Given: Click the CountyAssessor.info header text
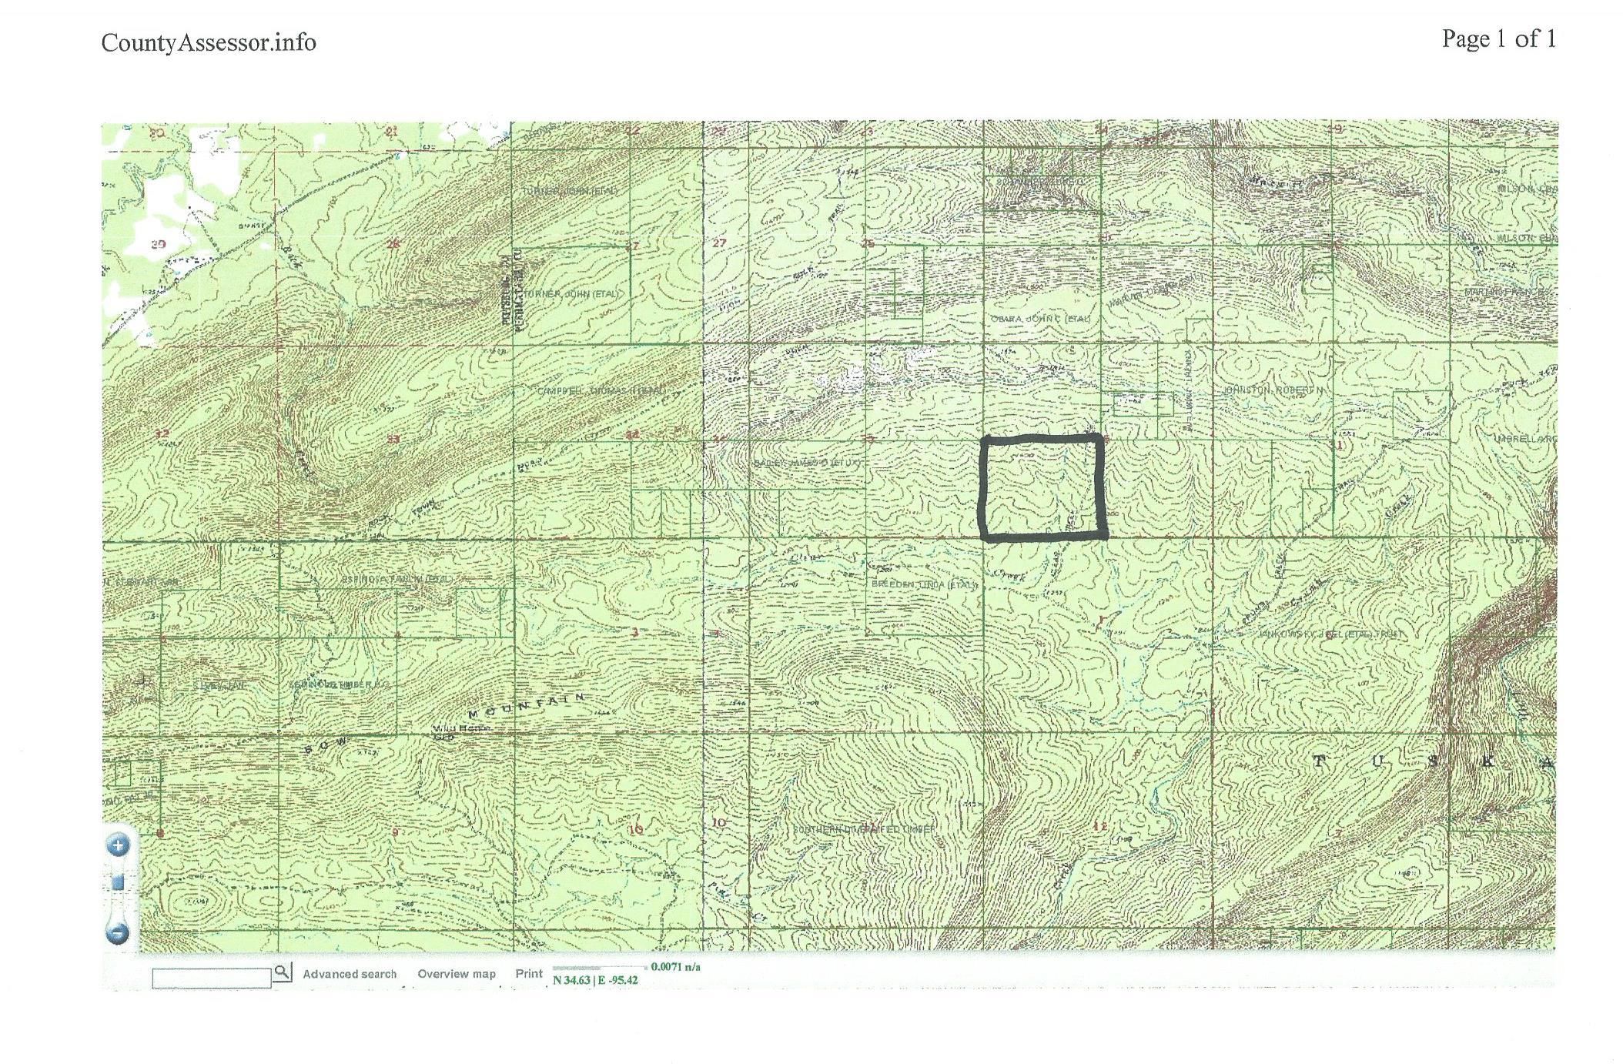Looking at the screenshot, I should coord(209,42).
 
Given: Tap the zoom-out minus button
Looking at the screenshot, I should coord(119,934).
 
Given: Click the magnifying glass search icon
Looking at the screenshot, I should coord(283,972).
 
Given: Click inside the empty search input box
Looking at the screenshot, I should coord(212,977).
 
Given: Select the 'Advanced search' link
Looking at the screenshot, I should coord(350,974).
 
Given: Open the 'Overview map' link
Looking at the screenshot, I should coord(457,974).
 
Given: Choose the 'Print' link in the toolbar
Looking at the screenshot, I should coord(529,973).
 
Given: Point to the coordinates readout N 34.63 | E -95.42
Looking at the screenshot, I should coord(595,981).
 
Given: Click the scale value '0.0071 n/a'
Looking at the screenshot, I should coord(675,967).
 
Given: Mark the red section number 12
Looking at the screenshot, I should coord(1099,827).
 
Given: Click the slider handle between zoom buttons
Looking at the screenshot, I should coord(119,882).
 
